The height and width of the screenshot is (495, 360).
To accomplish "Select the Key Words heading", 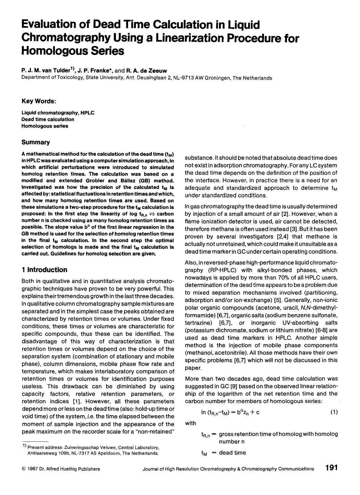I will [x=39, y=101].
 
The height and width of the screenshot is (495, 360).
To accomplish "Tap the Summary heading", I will [x=35, y=142].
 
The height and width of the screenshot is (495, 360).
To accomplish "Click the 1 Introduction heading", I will [x=44, y=270].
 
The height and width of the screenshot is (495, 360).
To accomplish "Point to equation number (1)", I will [x=334, y=412].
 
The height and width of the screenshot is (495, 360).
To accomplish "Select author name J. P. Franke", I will [x=93, y=71].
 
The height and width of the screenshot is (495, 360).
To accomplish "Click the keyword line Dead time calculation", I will [x=48, y=119].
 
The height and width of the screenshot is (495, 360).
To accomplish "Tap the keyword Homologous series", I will [x=45, y=126].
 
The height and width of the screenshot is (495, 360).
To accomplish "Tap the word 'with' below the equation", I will [x=190, y=423].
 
